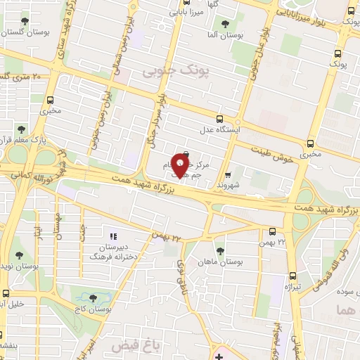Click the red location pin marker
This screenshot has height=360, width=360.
181,167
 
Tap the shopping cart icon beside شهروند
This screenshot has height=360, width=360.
227,175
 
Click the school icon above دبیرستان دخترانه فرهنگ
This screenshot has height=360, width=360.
113,235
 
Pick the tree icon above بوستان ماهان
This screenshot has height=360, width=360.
220,250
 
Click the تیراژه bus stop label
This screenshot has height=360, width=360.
292,288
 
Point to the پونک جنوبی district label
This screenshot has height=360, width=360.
167,71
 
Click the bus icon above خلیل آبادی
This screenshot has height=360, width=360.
6,293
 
